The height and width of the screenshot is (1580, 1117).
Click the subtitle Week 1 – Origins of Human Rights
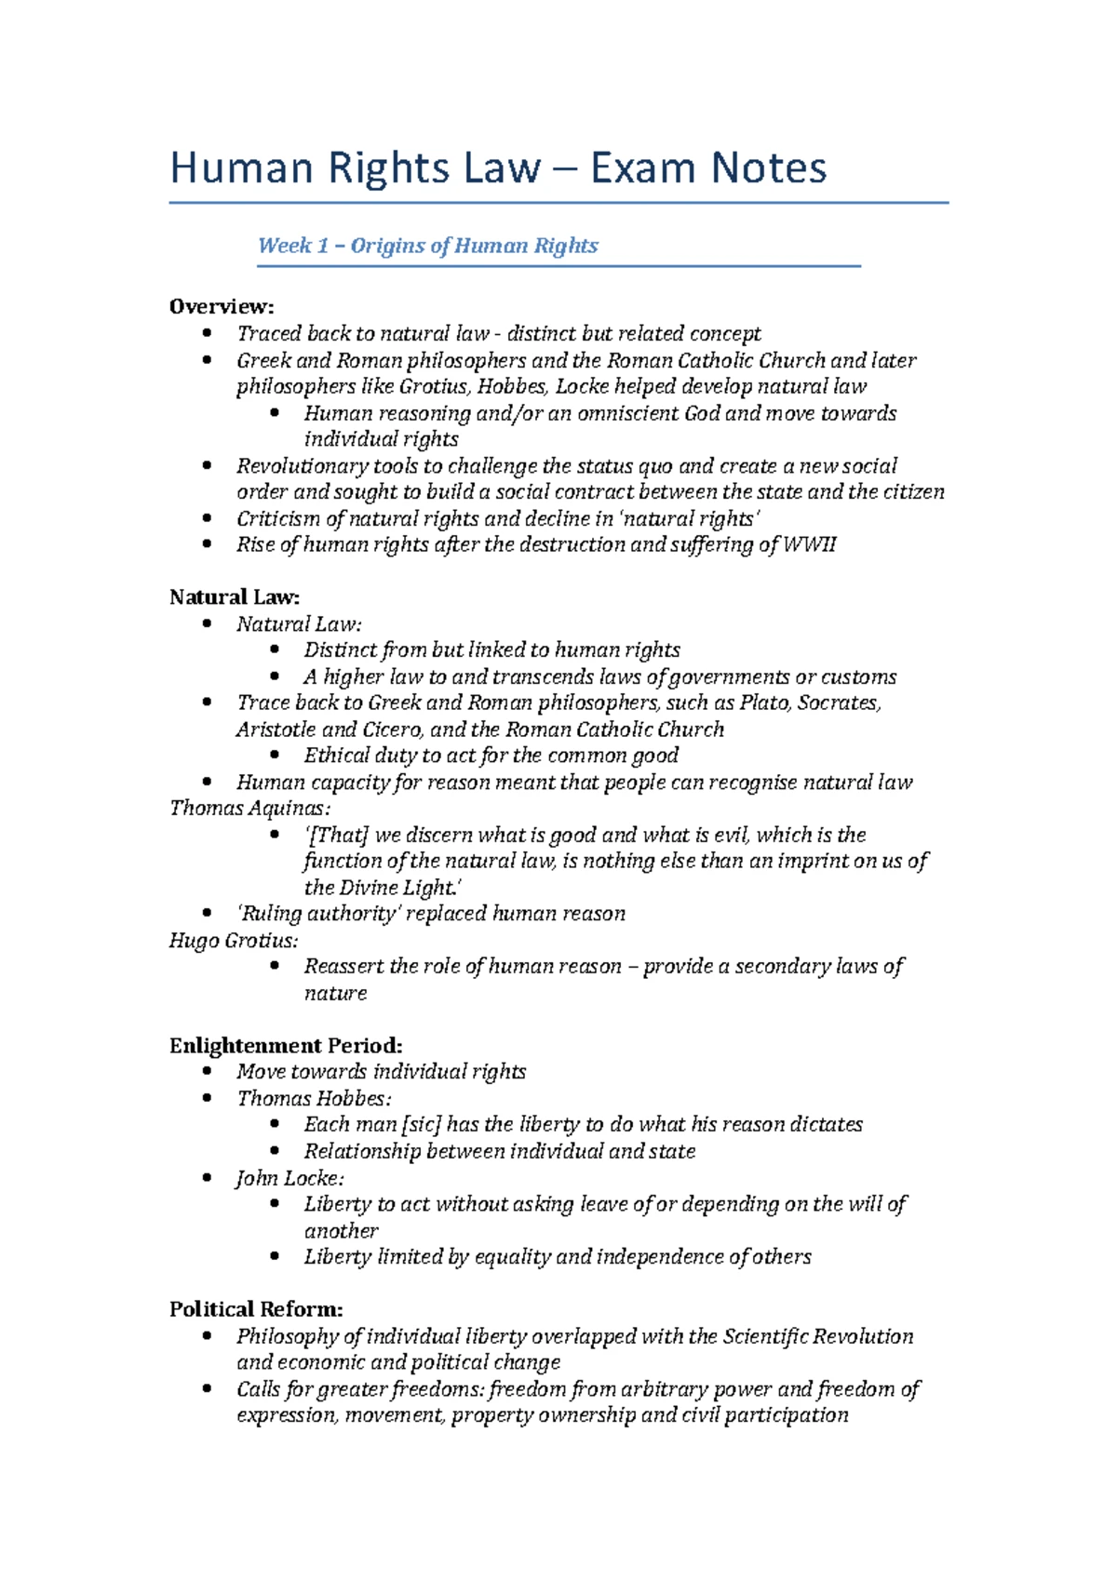(427, 246)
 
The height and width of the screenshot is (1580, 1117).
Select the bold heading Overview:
(222, 306)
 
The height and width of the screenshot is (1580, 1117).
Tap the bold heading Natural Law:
(235, 596)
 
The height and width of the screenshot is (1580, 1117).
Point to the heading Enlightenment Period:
(286, 1045)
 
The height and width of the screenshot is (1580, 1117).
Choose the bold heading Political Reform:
(256, 1309)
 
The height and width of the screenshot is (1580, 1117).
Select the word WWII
(810, 544)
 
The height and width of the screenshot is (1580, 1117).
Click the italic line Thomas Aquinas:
(249, 808)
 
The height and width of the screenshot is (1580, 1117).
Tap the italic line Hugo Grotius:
(234, 940)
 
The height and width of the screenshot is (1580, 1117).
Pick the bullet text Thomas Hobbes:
(314, 1098)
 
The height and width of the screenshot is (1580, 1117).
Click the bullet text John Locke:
(289, 1178)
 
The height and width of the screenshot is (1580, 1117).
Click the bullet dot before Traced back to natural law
(207, 333)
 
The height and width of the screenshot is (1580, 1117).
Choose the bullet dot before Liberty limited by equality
(275, 1256)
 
